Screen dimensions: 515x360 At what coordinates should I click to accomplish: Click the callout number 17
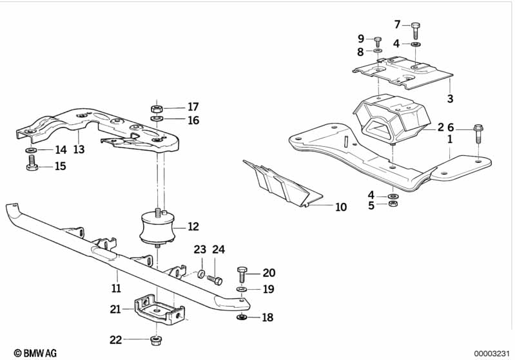pyautogui.click(x=193, y=107)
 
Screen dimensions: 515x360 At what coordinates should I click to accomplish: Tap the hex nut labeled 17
pyautogui.click(x=157, y=108)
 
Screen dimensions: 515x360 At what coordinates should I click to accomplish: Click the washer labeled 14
pyautogui.click(x=32, y=150)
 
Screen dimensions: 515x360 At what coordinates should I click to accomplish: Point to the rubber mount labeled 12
pyautogui.click(x=157, y=228)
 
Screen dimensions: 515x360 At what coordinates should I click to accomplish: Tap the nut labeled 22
pyautogui.click(x=156, y=340)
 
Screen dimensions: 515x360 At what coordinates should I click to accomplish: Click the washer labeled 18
pyautogui.click(x=242, y=317)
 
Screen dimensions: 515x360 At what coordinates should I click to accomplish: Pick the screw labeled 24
pyautogui.click(x=215, y=280)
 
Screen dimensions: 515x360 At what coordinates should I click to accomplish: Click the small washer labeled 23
pyautogui.click(x=201, y=273)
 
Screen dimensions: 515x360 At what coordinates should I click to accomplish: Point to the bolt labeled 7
pyautogui.click(x=416, y=30)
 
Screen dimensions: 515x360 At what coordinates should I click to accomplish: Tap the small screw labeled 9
pyautogui.click(x=378, y=42)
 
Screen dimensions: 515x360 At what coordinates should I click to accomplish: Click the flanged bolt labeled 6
pyautogui.click(x=478, y=133)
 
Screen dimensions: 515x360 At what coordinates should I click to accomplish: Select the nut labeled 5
pyautogui.click(x=393, y=204)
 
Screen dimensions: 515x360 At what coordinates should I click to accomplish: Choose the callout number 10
pyautogui.click(x=341, y=207)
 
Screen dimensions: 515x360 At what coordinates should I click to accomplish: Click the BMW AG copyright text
pyautogui.click(x=35, y=353)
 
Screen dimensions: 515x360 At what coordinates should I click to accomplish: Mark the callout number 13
pyautogui.click(x=79, y=149)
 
